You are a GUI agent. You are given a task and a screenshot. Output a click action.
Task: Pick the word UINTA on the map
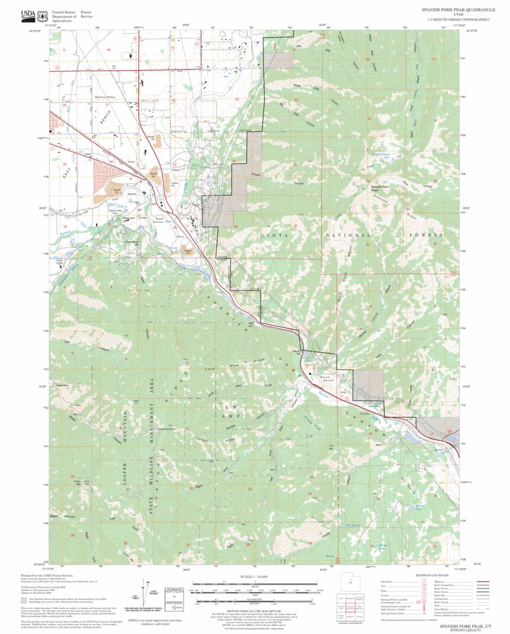tap(270, 235)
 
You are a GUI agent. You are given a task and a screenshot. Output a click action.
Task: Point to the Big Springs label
tap(353, 524)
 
